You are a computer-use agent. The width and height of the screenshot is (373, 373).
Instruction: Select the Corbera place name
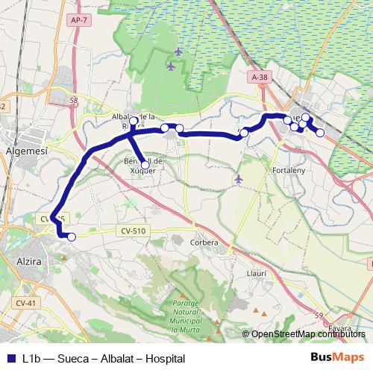[x=204, y=242]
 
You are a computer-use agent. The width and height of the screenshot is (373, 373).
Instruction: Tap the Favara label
[x=339, y=327]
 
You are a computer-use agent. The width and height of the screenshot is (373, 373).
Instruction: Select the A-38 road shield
[x=259, y=77]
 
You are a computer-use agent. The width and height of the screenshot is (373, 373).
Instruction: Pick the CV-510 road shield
[x=131, y=231]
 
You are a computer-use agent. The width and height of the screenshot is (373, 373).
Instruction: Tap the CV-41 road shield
[x=25, y=303]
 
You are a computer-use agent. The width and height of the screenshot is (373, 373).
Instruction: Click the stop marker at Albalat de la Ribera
[x=134, y=121]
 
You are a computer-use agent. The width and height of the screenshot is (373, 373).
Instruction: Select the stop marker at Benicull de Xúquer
[x=145, y=165]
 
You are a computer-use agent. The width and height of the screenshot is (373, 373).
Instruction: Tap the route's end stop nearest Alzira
[x=72, y=237]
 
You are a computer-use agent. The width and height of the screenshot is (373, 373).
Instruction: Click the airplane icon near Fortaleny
[x=239, y=179]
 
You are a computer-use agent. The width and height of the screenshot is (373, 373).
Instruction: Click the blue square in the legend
[x=11, y=358]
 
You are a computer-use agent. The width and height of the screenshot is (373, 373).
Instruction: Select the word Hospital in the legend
[x=165, y=358]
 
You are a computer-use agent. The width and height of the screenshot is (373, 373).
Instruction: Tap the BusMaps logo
[x=338, y=357]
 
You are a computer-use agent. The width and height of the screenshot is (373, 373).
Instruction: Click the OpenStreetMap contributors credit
[x=308, y=334]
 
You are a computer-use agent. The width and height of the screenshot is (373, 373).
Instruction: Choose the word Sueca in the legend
[x=71, y=358]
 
